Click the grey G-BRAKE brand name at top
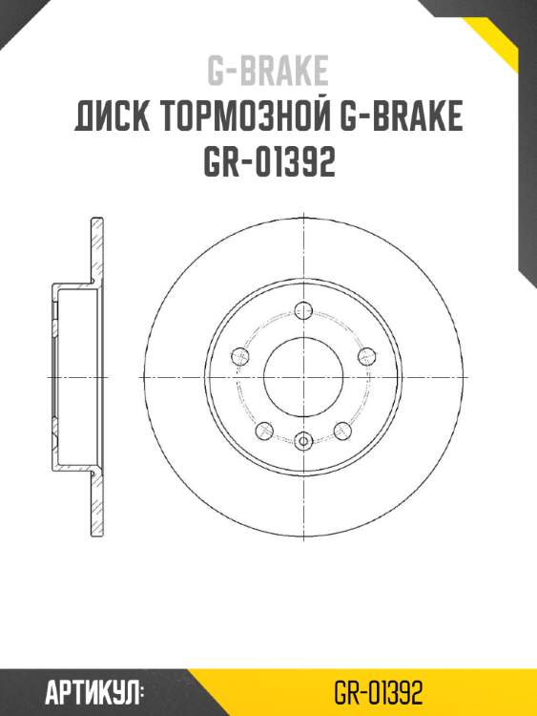268,71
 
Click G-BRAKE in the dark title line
401,117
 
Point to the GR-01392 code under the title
268,163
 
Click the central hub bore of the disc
303,376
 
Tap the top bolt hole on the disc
303,309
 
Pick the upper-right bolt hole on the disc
365,356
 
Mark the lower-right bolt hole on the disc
341,429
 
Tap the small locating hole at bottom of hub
303,440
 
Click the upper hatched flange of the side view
96,248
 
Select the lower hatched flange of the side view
96,504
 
